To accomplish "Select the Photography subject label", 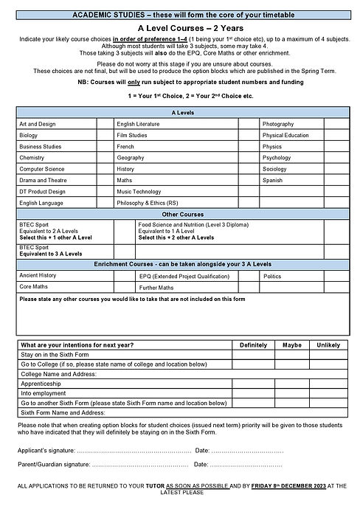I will (278, 125).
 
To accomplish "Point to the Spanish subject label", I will (272, 180).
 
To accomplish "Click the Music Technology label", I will (139, 191).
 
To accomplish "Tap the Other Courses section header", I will (179, 213).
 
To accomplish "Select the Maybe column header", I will (292, 344).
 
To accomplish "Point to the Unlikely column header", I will (328, 344).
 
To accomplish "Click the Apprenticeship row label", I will (41, 384).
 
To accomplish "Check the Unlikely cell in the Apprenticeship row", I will (328, 384).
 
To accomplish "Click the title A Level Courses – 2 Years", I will (179, 25).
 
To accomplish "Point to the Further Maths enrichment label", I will (156, 287).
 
